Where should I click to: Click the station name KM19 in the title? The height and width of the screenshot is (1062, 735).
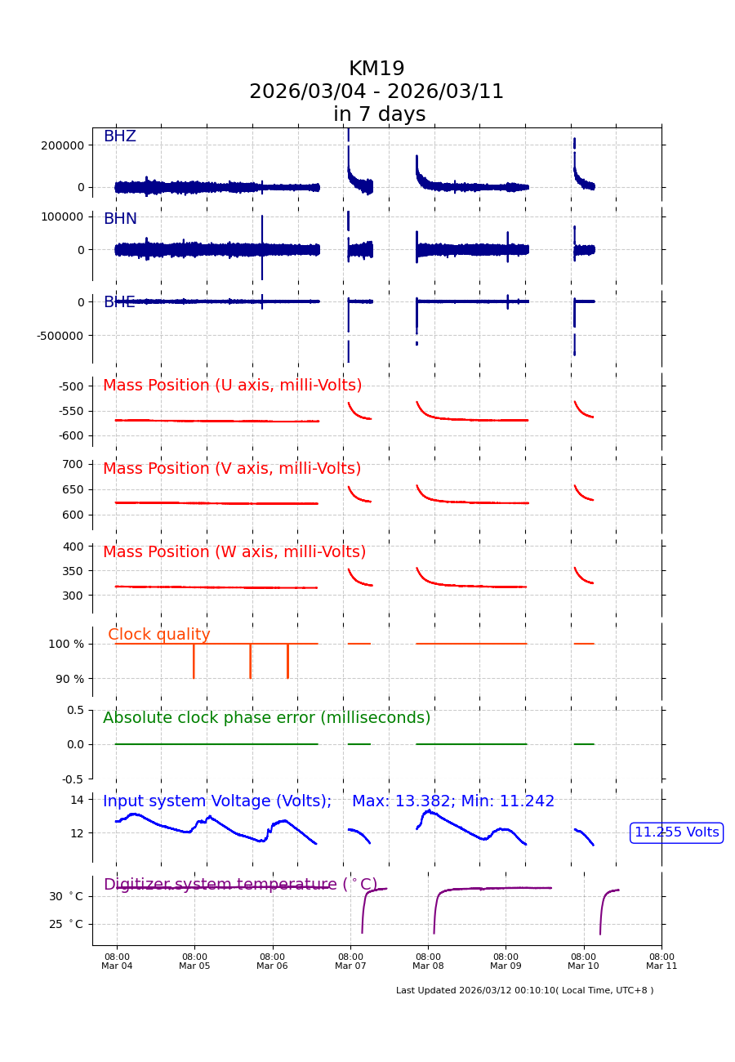coord(376,69)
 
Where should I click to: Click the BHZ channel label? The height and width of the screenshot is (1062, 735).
coord(119,136)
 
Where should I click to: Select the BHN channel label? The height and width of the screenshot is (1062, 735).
coord(120,219)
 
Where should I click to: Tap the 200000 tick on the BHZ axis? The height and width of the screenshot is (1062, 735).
coord(62,145)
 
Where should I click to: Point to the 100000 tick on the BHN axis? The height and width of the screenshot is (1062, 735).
coord(62,216)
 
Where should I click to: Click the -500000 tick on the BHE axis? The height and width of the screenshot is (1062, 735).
coord(60,335)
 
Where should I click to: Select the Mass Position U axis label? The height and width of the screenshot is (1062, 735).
coord(232,386)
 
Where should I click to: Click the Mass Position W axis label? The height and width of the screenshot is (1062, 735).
coord(234,552)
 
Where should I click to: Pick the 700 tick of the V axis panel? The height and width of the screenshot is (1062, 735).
coord(73,464)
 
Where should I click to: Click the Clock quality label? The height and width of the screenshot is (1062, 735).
coord(159,635)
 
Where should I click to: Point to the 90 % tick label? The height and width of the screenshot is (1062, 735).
coord(69,679)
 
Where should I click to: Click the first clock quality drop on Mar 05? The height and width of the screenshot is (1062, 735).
coord(194,662)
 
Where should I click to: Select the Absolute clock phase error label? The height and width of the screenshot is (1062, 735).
coord(266,718)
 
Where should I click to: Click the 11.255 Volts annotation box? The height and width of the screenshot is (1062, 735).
coord(677,832)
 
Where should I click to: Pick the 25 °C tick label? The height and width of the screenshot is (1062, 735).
coord(65,924)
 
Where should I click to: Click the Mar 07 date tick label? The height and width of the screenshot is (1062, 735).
coord(350,962)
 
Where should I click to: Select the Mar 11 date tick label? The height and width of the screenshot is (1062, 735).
coord(661,962)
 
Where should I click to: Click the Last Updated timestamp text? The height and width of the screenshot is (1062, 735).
coord(524,991)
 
